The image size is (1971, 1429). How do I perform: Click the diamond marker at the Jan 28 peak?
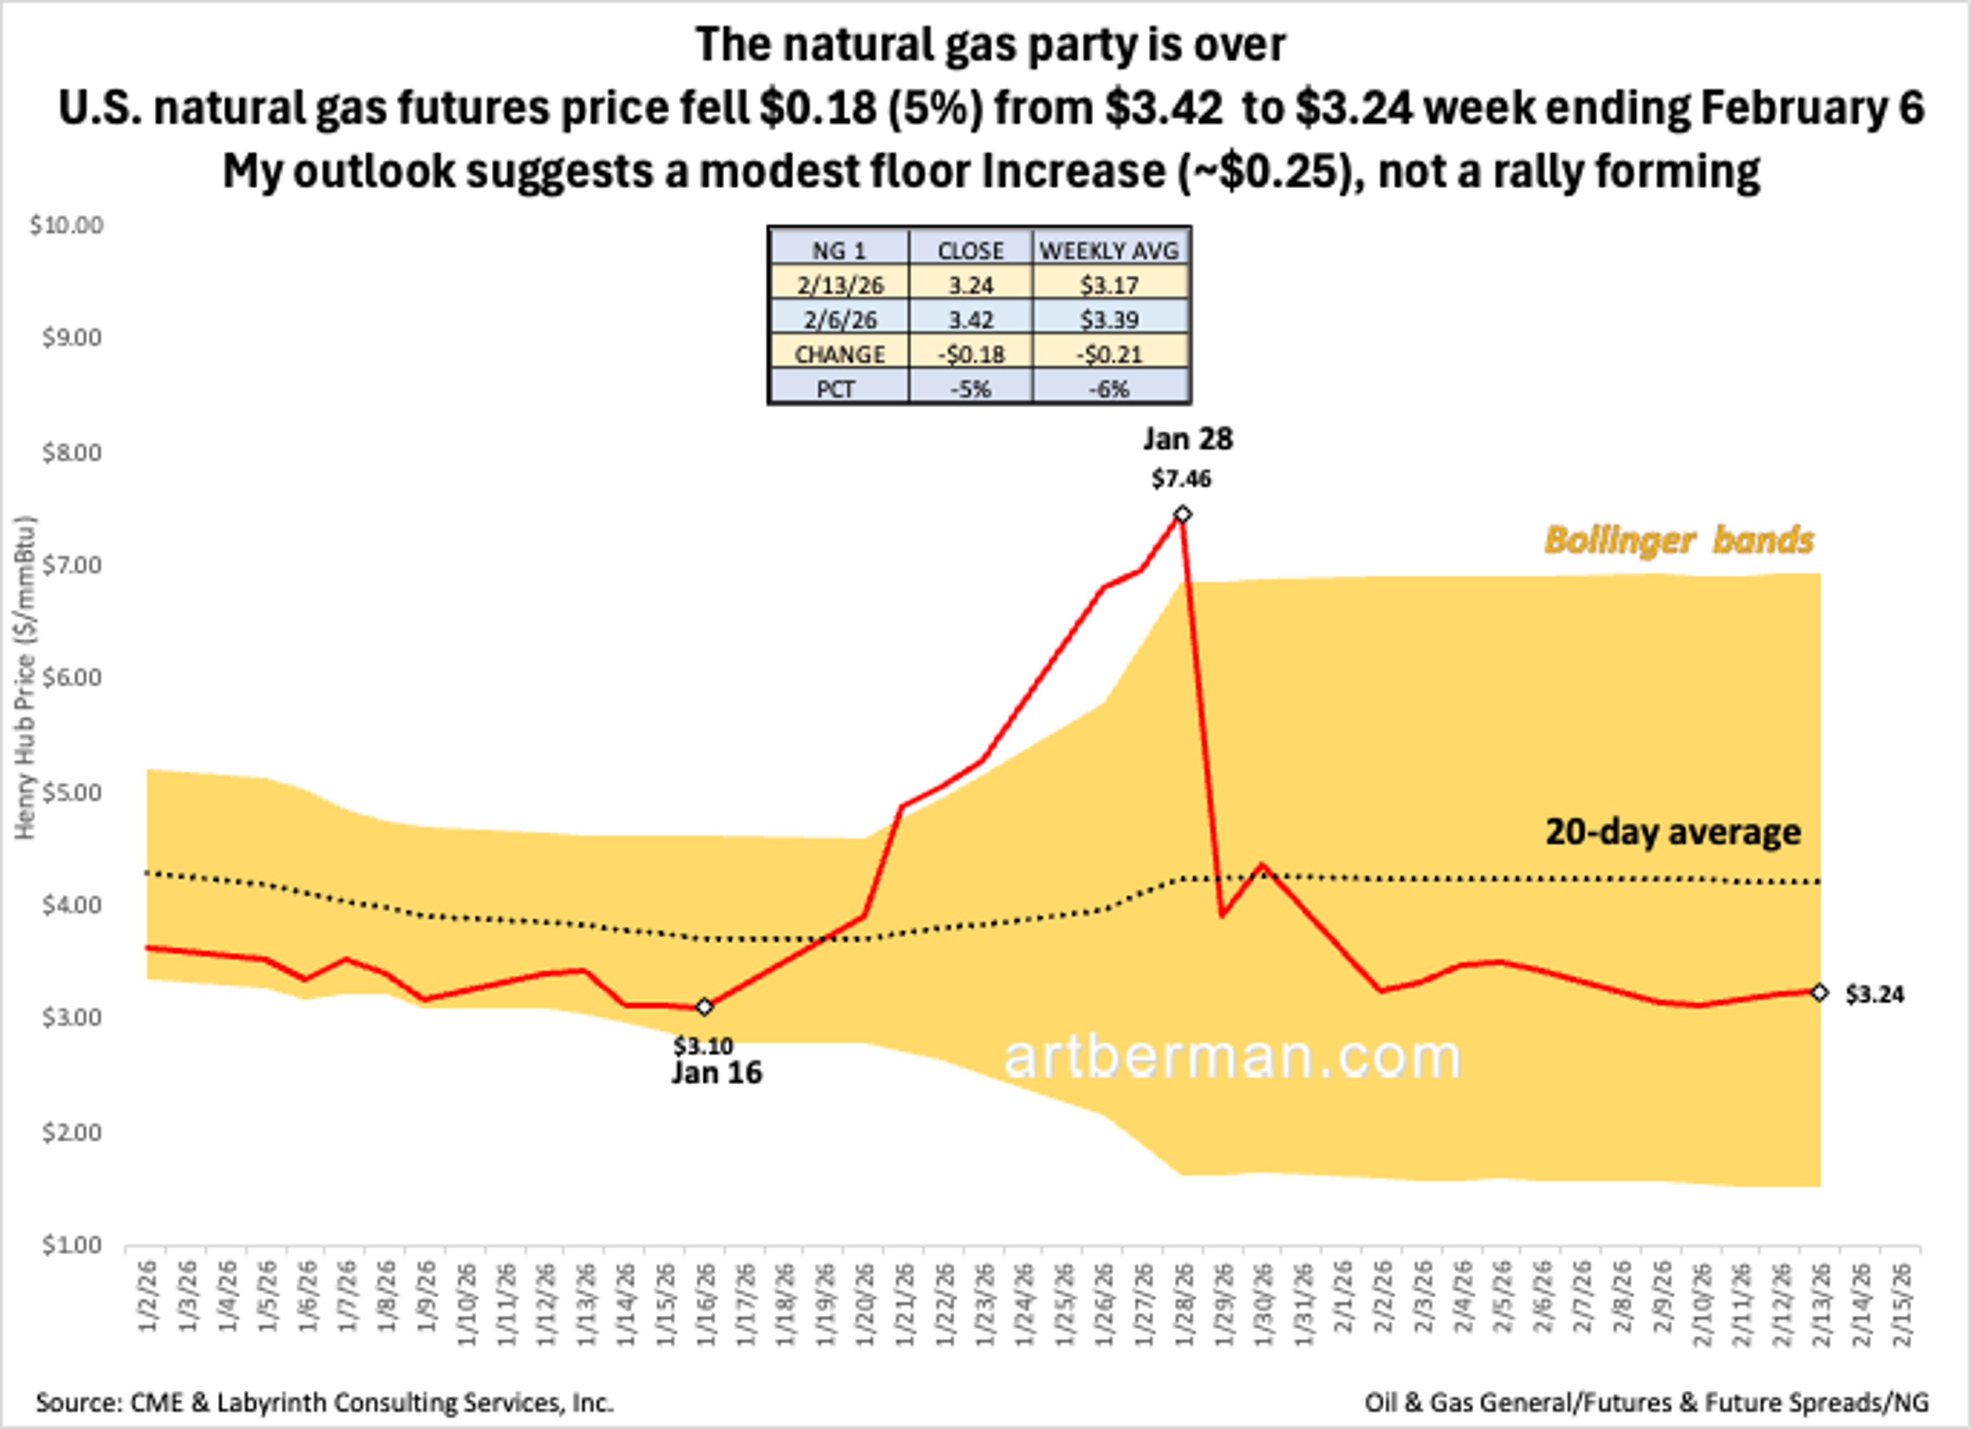[1182, 515]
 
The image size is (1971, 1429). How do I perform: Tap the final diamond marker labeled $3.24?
[1820, 993]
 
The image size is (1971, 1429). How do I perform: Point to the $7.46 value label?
[1181, 479]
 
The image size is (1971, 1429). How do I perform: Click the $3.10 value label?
[703, 1046]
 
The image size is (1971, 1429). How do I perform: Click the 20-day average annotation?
[1673, 832]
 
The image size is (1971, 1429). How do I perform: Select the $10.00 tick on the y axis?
[66, 226]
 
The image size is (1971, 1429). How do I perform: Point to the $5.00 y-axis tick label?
[71, 793]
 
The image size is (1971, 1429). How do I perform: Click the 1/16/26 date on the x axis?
[706, 1304]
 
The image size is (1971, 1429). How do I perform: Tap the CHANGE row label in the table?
[840, 355]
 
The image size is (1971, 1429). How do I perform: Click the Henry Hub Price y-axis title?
[26, 678]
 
